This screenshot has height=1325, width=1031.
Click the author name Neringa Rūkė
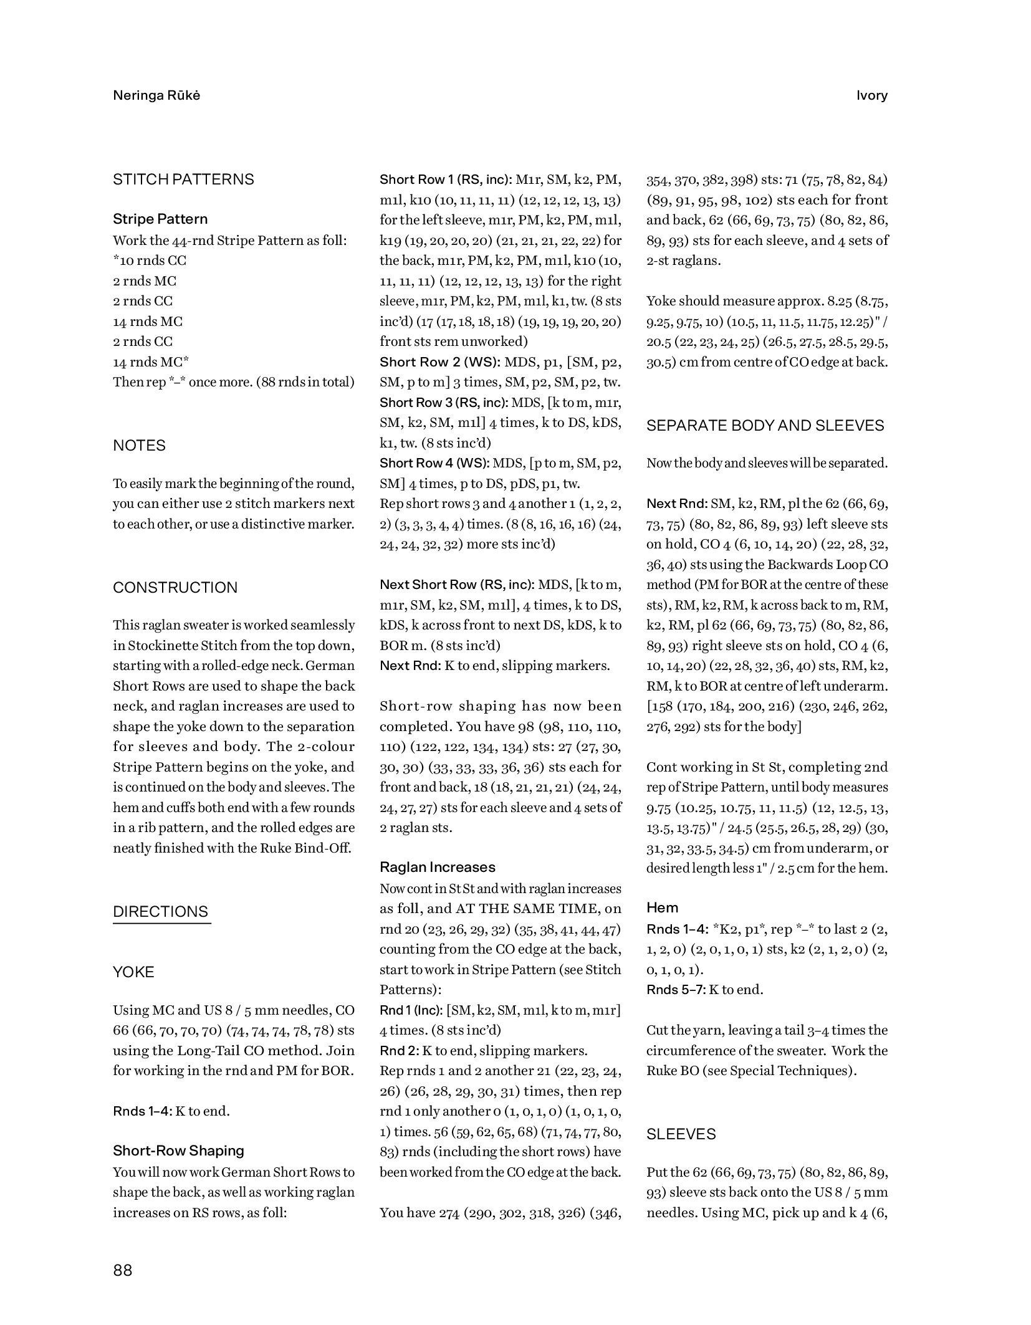click(x=156, y=95)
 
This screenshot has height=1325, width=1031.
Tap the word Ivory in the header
click(x=871, y=95)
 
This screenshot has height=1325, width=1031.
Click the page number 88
click(x=123, y=1270)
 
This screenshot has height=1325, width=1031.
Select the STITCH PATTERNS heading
click(x=183, y=179)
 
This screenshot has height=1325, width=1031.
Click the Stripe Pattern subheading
click(x=160, y=219)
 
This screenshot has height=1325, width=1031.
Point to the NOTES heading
click(x=139, y=446)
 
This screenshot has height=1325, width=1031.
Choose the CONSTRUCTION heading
click(x=175, y=588)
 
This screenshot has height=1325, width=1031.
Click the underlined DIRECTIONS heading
click(x=161, y=912)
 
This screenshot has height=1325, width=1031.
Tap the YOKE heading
click(x=133, y=972)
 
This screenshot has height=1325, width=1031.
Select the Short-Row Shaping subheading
click(x=178, y=1150)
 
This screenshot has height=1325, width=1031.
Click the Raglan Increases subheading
click(x=438, y=867)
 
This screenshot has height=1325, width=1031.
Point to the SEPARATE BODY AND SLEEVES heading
click(x=765, y=426)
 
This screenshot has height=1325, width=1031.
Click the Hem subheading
click(x=662, y=907)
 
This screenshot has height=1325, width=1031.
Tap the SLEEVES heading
click(x=681, y=1134)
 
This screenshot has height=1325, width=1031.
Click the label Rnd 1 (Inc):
click(x=411, y=1010)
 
